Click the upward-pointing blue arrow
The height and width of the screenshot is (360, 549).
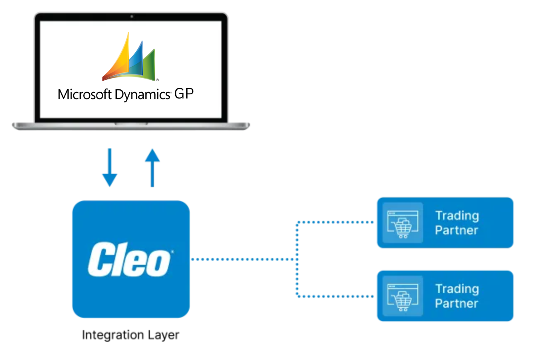tap(152, 167)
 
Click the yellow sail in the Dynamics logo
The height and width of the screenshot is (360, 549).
tap(118, 58)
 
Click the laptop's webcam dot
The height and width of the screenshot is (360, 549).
tap(131, 17)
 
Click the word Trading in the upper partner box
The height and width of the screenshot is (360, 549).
tap(457, 216)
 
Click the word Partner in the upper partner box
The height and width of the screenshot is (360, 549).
tap(456, 230)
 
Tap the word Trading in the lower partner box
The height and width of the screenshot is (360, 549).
tap(457, 289)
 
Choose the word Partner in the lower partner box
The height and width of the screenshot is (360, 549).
tap(456, 303)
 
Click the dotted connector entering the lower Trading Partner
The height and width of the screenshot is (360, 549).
tap(335, 296)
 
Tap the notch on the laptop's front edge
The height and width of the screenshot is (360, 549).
tap(131, 124)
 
